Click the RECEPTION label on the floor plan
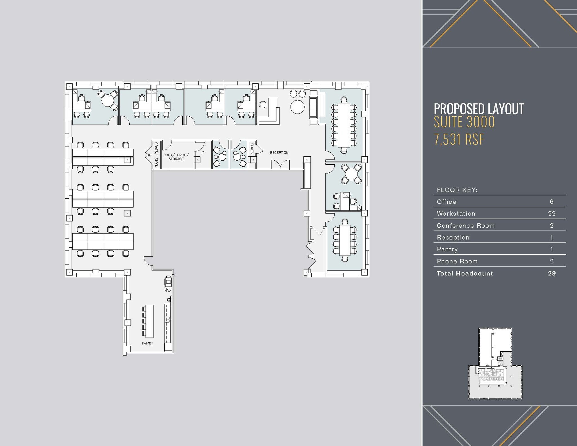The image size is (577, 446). pos(279,153)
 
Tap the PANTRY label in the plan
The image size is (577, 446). pos(147,343)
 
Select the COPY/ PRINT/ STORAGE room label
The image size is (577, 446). pos(176,157)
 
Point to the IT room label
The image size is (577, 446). pos(203,153)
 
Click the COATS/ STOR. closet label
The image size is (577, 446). pos(156,154)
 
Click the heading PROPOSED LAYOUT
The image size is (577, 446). pos(478,109)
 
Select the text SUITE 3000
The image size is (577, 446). pos(464,122)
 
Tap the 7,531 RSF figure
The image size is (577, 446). pos(459,139)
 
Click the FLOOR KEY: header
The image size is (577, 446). pos(457,190)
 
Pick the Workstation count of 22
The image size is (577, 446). pos(551,214)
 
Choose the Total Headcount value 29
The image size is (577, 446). pos(551,273)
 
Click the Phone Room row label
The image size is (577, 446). pos(457,261)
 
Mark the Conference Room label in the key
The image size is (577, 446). pos(465,226)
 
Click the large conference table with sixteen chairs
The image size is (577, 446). pos(344,125)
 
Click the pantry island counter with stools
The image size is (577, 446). pos(149,321)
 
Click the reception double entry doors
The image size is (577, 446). pos(280,165)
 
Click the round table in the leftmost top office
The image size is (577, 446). pos(108,101)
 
